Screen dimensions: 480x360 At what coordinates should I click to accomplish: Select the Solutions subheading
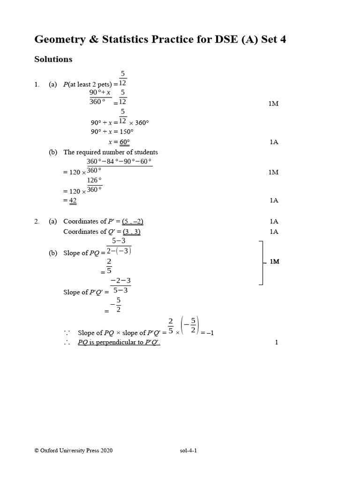click(53, 60)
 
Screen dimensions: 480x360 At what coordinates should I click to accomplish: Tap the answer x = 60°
click(119, 142)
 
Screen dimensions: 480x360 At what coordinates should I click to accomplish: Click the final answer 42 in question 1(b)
click(73, 201)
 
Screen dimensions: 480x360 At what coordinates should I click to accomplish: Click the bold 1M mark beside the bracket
click(274, 262)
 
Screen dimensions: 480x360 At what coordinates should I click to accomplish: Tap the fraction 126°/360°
click(94, 185)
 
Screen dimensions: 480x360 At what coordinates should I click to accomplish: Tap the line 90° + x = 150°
click(113, 132)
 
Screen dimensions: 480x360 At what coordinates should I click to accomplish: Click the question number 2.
click(37, 221)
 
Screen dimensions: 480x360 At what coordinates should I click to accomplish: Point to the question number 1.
click(37, 84)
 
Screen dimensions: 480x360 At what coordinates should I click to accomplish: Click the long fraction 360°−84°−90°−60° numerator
click(120, 162)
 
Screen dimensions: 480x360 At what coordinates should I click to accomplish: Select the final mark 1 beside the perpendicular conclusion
click(277, 343)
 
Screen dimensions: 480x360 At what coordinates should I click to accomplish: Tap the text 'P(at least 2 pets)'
click(88, 84)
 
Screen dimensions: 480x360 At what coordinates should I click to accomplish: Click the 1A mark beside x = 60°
click(274, 142)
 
